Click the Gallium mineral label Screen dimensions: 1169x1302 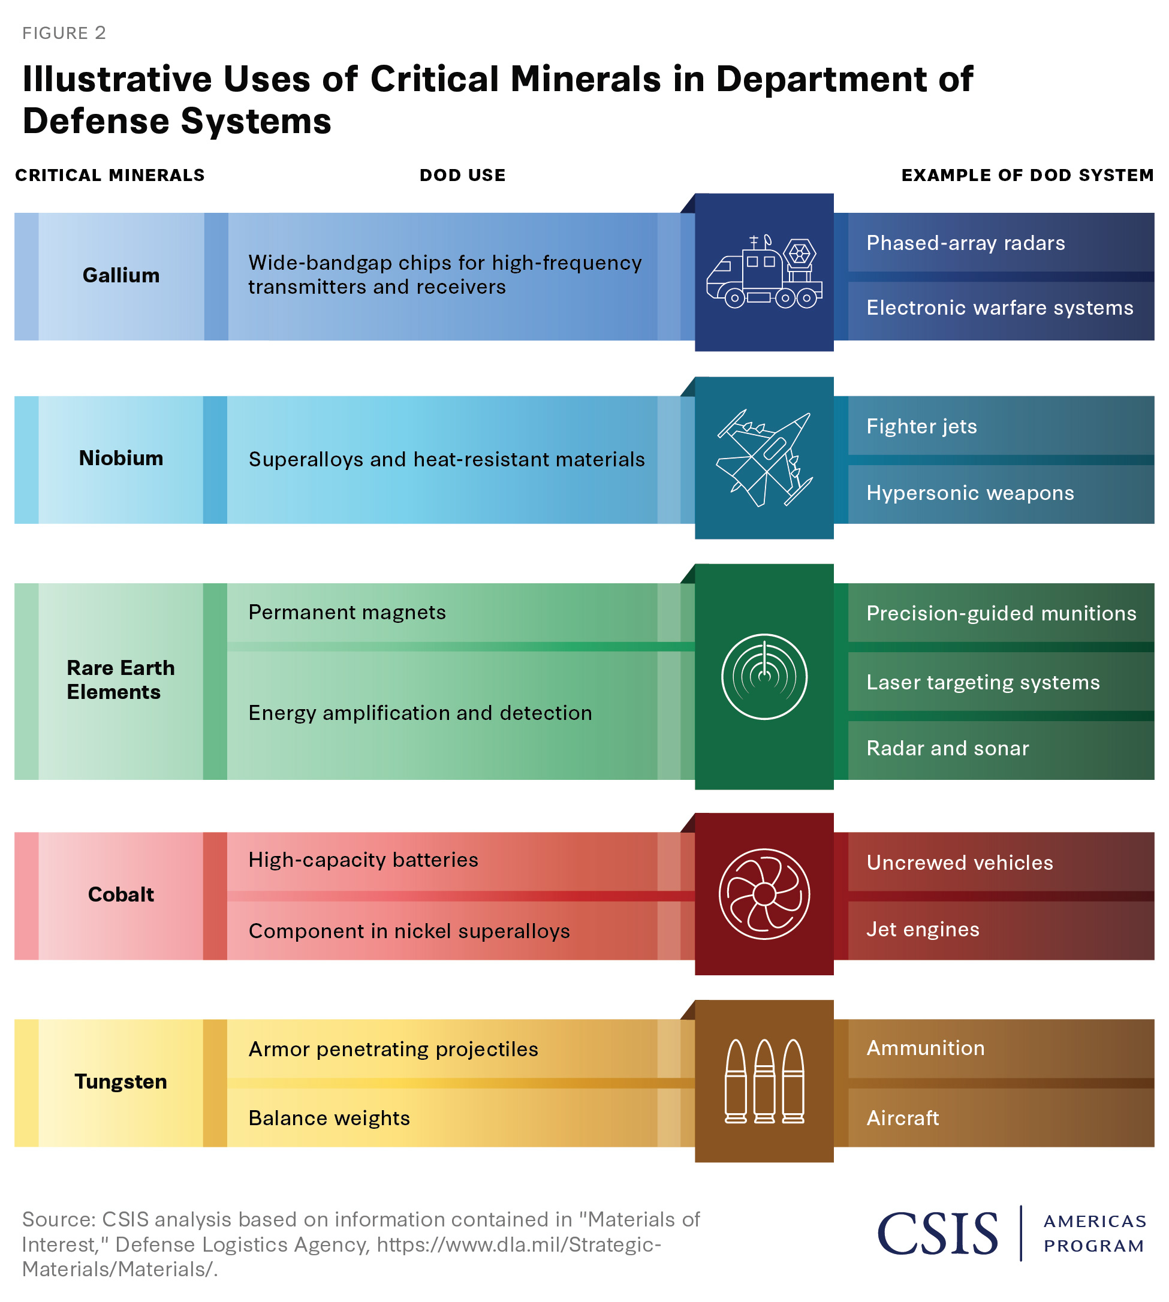click(x=120, y=276)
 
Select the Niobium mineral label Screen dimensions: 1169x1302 click(x=120, y=459)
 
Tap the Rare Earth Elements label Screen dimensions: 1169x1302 click(x=120, y=680)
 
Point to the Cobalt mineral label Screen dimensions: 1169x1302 click(x=120, y=895)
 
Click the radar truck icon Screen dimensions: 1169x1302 click(x=764, y=272)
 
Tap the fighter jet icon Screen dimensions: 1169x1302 click(x=764, y=459)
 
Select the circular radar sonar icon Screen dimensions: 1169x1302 click(x=764, y=677)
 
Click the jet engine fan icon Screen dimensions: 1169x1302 click(x=764, y=895)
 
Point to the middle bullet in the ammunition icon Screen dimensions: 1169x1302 click(x=764, y=1081)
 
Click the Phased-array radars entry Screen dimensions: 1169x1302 click(x=965, y=243)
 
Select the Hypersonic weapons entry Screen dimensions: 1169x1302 click(x=970, y=493)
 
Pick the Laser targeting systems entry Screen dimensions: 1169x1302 click(x=983, y=683)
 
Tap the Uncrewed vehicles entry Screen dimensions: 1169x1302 click(x=960, y=863)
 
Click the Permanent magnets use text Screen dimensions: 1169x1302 click(x=347, y=613)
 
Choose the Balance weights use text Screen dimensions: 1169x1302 click(x=329, y=1119)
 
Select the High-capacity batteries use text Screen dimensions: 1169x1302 click(x=363, y=860)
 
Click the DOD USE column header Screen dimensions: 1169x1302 click(x=462, y=176)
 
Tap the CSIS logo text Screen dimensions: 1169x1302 click(x=938, y=1234)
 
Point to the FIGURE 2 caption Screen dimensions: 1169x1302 click(x=64, y=34)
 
